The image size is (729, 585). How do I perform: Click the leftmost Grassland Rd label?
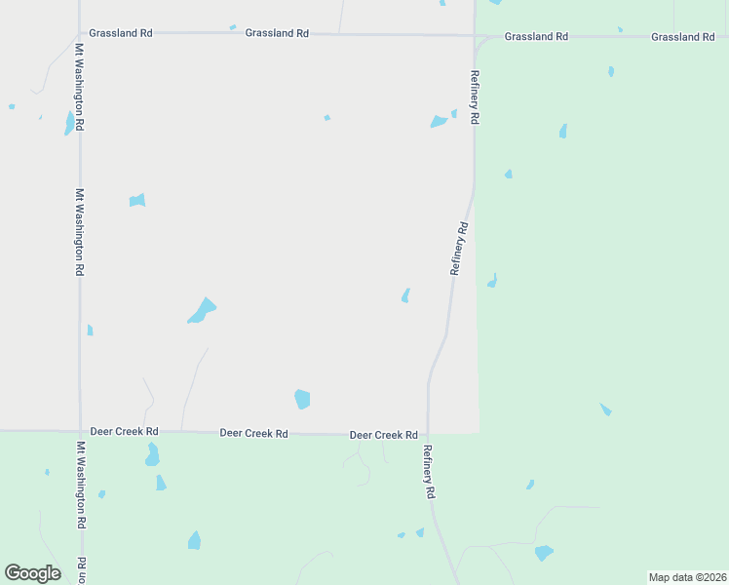pos(120,33)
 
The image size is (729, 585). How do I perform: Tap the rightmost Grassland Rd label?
pos(683,37)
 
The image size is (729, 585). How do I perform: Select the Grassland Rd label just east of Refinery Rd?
pos(536,37)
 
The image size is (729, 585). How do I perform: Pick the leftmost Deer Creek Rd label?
pos(124,431)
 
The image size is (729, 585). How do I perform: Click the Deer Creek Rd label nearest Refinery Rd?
pos(383,435)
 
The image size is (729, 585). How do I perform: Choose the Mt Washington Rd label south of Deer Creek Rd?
pos(80,486)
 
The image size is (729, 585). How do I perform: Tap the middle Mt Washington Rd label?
pos(80,233)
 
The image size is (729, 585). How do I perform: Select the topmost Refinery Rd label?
pos(475,97)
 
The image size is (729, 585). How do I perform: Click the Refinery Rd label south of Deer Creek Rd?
pos(428,472)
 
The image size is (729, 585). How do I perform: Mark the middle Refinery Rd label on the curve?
pos(459,249)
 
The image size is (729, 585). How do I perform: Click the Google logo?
pos(32,573)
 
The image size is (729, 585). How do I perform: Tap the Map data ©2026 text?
pos(686,577)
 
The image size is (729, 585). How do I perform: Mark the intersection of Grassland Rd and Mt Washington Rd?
pos(80,33)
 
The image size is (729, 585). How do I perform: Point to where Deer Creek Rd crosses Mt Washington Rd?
pos(80,431)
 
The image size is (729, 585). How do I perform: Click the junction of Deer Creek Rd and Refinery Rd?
pos(428,435)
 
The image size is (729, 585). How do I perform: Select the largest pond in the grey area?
pos(202,310)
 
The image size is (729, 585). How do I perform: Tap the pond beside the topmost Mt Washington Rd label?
pos(69,124)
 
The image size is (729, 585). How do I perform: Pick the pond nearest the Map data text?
pos(543,553)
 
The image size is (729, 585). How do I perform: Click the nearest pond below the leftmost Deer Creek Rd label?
pos(152,454)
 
